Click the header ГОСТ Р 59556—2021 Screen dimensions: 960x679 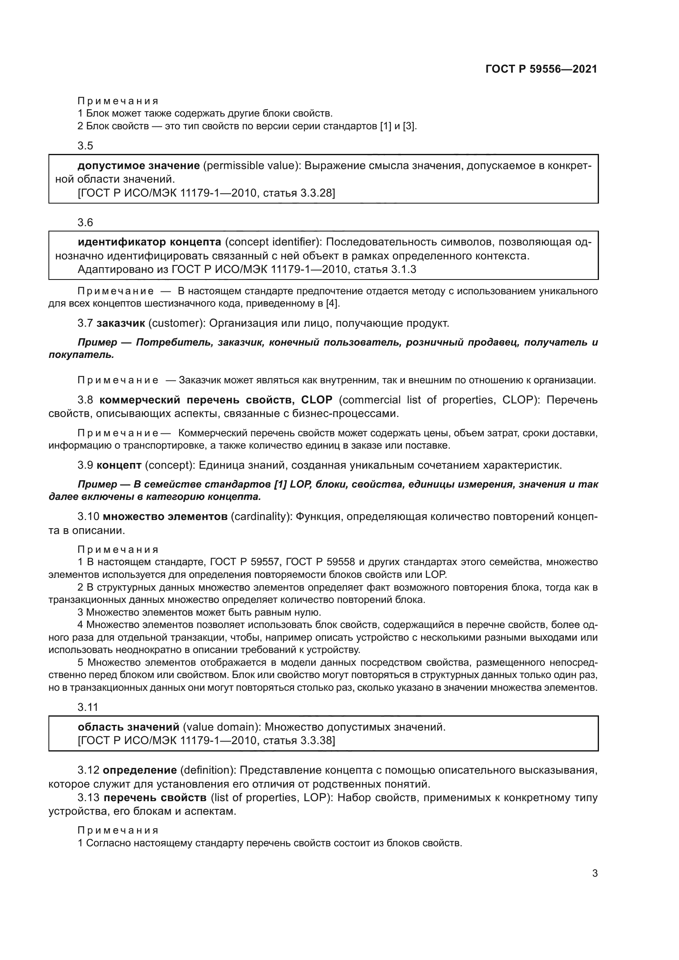coord(541,69)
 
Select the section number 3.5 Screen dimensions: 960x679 coord(85,146)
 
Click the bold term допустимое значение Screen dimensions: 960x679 coord(138,166)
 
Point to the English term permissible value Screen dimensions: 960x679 coord(250,166)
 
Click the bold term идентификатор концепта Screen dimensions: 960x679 coord(149,242)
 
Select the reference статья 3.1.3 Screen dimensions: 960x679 coord(385,269)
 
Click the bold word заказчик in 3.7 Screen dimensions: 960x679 coord(120,323)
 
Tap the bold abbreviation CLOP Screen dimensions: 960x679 coord(317,400)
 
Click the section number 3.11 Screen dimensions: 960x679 coord(87,708)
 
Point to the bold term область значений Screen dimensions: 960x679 coord(128,727)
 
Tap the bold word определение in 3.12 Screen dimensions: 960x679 coord(140,770)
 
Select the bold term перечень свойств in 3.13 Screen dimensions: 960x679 coord(155,798)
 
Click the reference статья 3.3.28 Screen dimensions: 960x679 coord(299,193)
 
